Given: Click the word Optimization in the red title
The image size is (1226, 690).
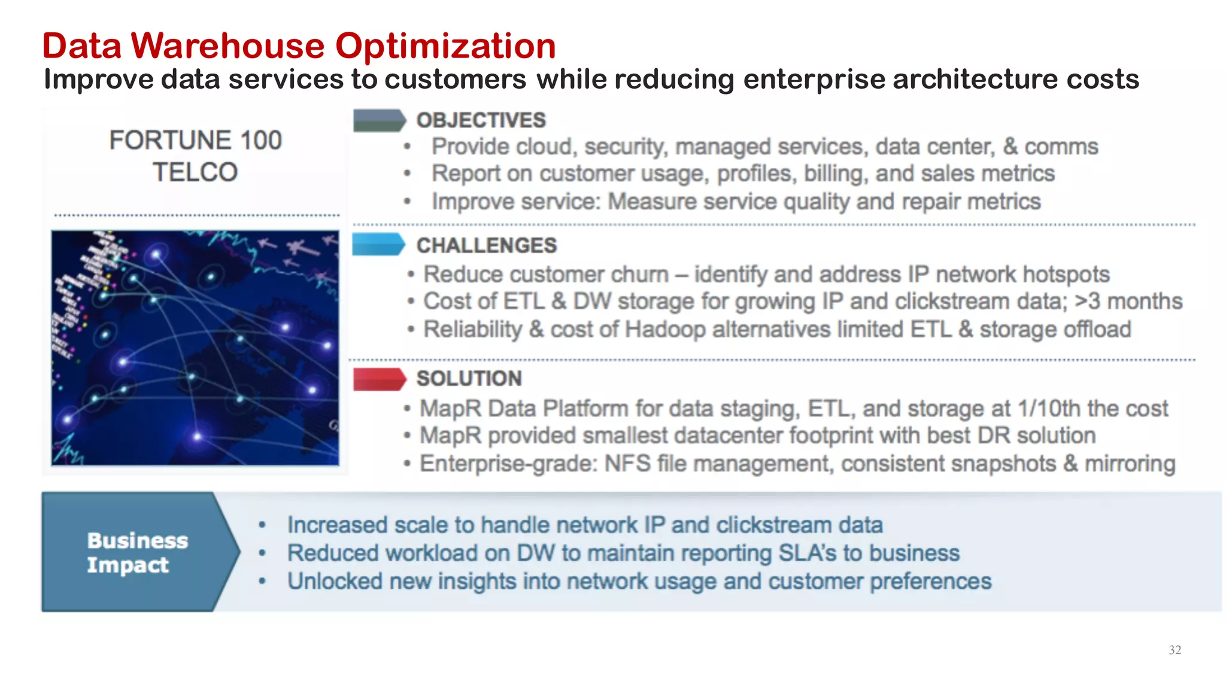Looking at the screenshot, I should [445, 46].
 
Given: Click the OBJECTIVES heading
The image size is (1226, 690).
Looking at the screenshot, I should [481, 120].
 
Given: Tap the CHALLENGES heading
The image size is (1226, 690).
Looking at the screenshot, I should [486, 246].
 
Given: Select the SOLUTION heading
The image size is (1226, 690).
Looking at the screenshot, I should [469, 379].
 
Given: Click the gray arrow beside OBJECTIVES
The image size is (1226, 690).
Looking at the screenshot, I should [379, 120].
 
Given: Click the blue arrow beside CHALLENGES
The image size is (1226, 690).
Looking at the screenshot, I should [379, 244].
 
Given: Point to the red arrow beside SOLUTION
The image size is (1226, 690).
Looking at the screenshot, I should [379, 379].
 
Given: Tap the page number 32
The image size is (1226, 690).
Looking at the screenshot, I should [1175, 650].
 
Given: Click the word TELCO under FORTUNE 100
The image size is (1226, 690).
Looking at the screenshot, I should [195, 172].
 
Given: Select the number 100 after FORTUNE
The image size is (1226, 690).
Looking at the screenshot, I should [260, 141].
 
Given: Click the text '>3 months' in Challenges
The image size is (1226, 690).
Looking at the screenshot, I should [1128, 301].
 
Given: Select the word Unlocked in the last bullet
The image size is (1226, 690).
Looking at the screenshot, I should [335, 582].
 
